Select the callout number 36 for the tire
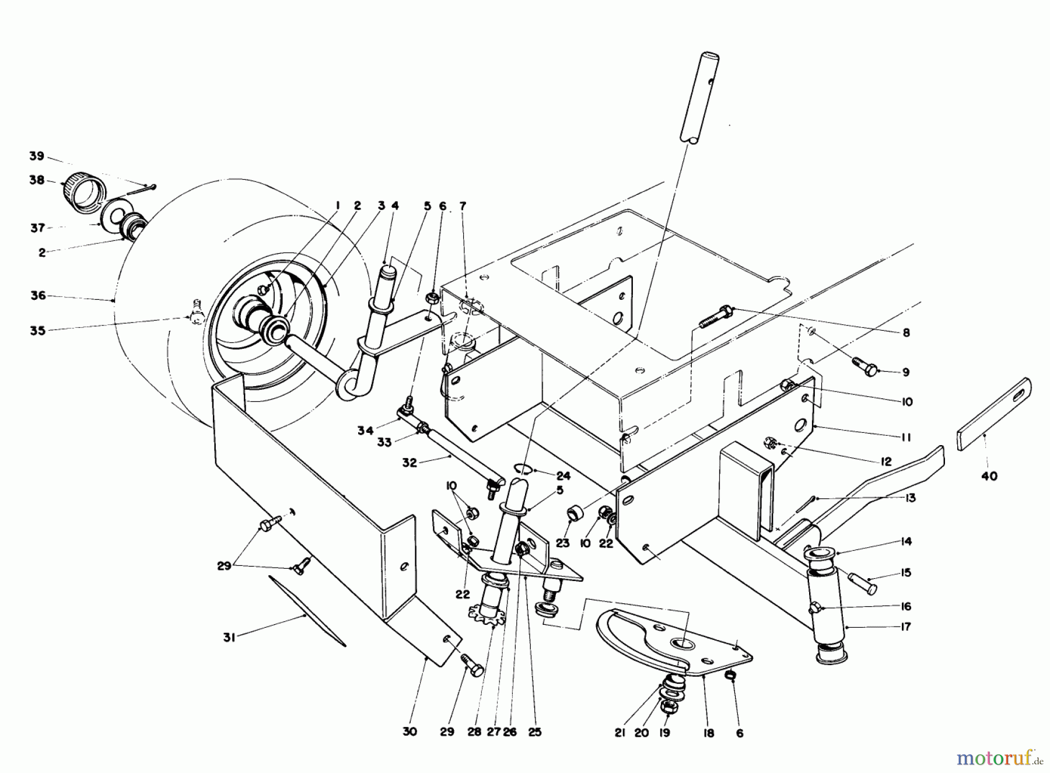click(x=38, y=296)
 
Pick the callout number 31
click(x=229, y=638)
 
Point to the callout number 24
click(x=563, y=476)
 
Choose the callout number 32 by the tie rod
click(x=409, y=462)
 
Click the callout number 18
click(x=708, y=733)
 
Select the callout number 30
click(x=409, y=732)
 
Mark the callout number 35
click(x=38, y=331)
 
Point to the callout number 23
click(x=562, y=543)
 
